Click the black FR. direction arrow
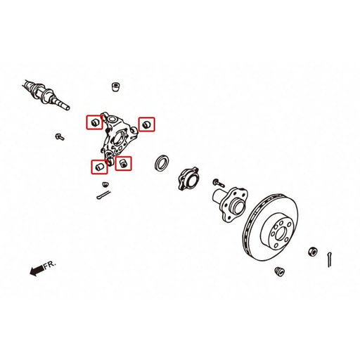[37, 270]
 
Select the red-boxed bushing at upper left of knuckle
[94, 122]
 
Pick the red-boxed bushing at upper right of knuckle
[146, 124]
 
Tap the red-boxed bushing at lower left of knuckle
[100, 167]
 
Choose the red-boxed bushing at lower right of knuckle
[123, 163]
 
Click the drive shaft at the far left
[46, 95]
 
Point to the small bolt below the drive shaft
[60, 136]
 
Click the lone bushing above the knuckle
[117, 86]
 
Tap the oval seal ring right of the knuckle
[162, 163]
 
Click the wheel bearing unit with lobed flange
[188, 179]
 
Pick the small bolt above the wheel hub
[218, 183]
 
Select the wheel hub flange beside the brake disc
[231, 204]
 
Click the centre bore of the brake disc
[280, 234]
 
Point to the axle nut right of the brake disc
[312, 252]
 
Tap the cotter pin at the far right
[330, 259]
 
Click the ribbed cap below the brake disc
[280, 271]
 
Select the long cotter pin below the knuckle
[103, 195]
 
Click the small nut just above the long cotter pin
[105, 184]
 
